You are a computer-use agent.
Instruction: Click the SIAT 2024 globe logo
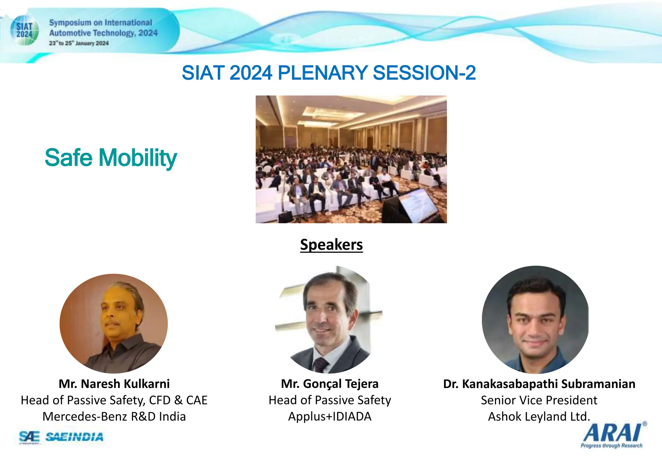[x=24, y=30]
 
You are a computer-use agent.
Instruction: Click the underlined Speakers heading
[x=331, y=244]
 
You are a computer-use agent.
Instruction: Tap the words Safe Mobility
[x=111, y=158]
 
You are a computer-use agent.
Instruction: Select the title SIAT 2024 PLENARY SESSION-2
[x=328, y=73]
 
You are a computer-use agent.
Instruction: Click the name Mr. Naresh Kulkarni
[x=114, y=384]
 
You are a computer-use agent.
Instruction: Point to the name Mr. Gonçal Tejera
[x=330, y=384]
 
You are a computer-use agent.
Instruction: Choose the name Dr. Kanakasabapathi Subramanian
[x=539, y=384]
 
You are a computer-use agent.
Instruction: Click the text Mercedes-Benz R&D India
[x=114, y=417]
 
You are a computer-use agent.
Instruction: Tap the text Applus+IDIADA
[x=330, y=417]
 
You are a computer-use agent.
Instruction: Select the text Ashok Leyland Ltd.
[x=539, y=417]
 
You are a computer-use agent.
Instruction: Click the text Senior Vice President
[x=539, y=400]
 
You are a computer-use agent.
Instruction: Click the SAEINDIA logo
[x=74, y=437]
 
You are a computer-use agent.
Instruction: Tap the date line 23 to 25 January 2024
[x=79, y=43]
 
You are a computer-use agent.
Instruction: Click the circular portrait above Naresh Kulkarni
[x=114, y=324]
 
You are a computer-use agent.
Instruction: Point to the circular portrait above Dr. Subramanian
[x=535, y=320]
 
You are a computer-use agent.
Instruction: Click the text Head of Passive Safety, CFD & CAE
[x=114, y=400]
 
